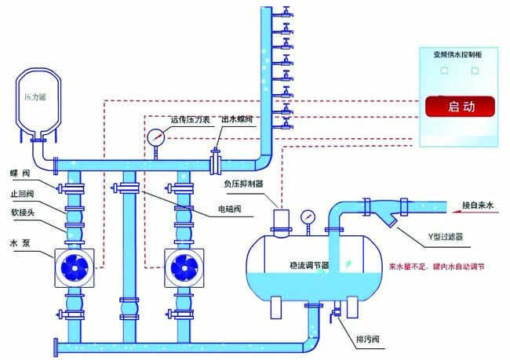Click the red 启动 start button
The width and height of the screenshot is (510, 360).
[x=461, y=106]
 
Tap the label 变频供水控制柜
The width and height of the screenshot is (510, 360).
[x=461, y=55]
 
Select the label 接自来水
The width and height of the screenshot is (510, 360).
[x=477, y=205]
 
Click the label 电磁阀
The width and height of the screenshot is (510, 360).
[x=230, y=211]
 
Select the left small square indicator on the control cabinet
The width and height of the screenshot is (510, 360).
[x=444, y=70]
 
